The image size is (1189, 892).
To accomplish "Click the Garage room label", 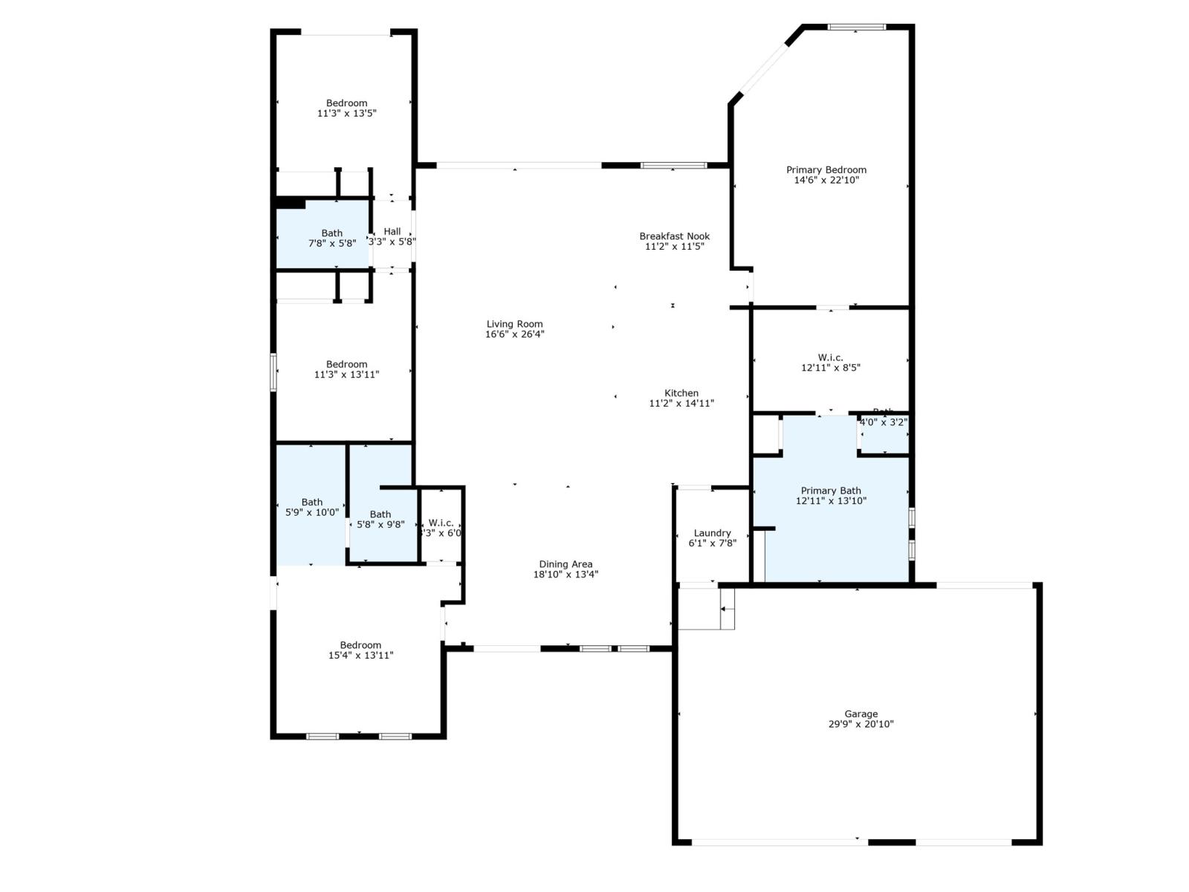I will [861, 714].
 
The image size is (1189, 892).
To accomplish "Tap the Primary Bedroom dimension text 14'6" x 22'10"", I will [826, 180].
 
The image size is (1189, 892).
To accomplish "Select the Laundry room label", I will [712, 533].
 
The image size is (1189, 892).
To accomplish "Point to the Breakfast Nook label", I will [674, 236].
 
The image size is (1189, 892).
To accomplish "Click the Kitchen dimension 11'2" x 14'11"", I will [681, 404].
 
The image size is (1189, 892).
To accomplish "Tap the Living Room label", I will [514, 324].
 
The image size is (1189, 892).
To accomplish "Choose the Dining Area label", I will [566, 564].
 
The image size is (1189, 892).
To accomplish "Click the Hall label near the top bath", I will [392, 232].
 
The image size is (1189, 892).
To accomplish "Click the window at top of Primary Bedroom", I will [857, 28].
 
